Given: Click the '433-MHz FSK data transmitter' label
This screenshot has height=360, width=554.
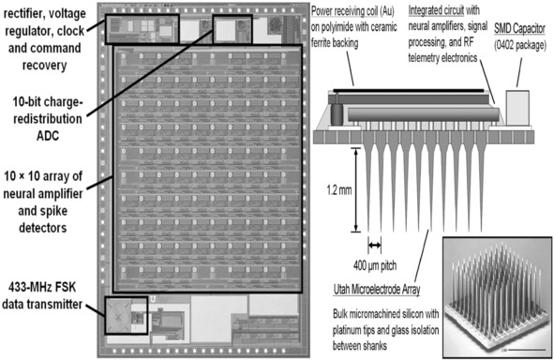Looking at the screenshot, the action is coord(42,295).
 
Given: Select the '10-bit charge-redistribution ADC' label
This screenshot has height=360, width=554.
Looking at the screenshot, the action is coord(48,119).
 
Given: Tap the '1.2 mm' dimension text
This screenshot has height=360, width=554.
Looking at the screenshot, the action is coord(339,190).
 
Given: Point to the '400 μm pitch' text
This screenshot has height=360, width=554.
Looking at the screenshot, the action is coord(375,265).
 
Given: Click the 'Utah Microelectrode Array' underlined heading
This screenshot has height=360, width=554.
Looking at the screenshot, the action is coord(377,290).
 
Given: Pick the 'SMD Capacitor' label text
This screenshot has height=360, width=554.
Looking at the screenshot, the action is coord(519,29).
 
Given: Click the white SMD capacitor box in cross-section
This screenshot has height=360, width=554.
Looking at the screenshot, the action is coord(517,108).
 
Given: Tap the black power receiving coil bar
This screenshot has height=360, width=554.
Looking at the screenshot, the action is coord(409,91).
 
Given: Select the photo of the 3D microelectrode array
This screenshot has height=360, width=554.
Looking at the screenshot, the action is coord(497,297).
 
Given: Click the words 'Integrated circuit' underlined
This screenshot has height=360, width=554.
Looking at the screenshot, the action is coord(436,11).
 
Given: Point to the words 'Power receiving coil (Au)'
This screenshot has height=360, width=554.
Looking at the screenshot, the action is coord(352,11).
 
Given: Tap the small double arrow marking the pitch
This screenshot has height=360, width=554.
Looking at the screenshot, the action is coord(375,245).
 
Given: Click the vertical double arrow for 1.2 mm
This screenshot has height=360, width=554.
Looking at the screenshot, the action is coord(356,190).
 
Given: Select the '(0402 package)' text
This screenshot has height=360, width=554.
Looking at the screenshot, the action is coord(520,46).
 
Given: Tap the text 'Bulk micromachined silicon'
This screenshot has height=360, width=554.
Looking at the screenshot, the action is coord(386,314).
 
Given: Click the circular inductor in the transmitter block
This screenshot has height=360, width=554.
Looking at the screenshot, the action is coord(118,317).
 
